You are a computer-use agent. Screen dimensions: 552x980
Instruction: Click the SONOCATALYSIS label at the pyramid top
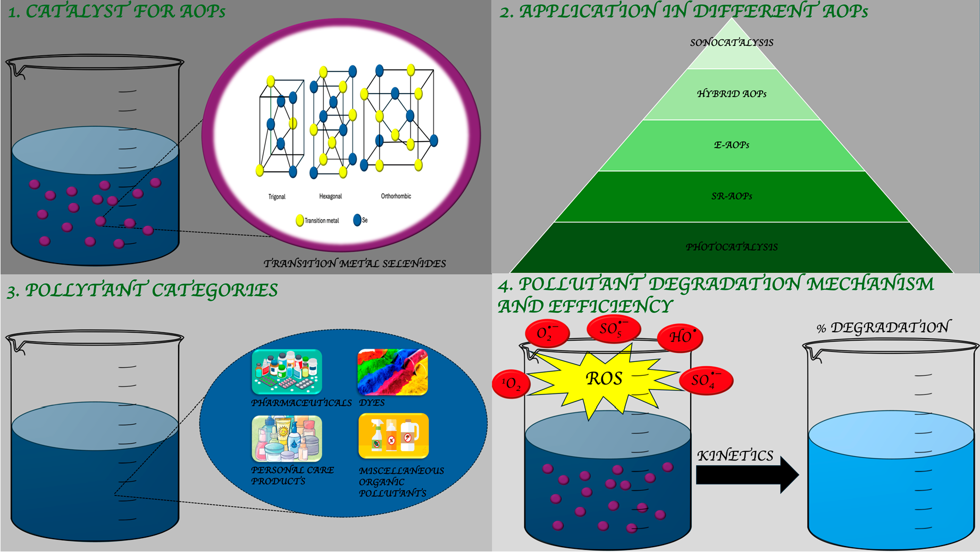(731, 43)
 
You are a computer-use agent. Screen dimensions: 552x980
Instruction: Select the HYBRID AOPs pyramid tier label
(731, 94)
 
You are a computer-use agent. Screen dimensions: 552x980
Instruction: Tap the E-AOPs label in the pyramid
(731, 145)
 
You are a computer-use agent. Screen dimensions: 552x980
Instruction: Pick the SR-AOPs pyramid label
(731, 196)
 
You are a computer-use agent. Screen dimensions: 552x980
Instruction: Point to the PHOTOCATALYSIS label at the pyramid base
(731, 247)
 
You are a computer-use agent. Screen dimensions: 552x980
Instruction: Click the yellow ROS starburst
(604, 378)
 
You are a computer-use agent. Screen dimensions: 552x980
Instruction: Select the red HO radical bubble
(680, 337)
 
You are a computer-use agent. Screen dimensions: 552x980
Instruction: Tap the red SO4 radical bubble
(706, 381)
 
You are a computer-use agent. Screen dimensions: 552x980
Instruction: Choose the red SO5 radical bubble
(613, 329)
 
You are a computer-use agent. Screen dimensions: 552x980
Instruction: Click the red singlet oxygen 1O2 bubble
(511, 384)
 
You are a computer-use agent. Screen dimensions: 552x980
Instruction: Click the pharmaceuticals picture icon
(287, 372)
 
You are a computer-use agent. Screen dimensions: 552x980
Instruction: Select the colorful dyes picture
(392, 372)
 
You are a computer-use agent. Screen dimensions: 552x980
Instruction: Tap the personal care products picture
(287, 438)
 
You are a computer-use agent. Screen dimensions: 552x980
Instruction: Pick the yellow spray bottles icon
(393, 436)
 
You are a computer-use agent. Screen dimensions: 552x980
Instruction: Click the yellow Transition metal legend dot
(300, 220)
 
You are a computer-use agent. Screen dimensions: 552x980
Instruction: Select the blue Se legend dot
(357, 220)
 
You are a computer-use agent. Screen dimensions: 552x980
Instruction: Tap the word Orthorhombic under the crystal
(396, 196)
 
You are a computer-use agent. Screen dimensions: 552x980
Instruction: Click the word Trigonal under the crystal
(277, 196)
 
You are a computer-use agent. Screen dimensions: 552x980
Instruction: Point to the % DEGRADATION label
(883, 327)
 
